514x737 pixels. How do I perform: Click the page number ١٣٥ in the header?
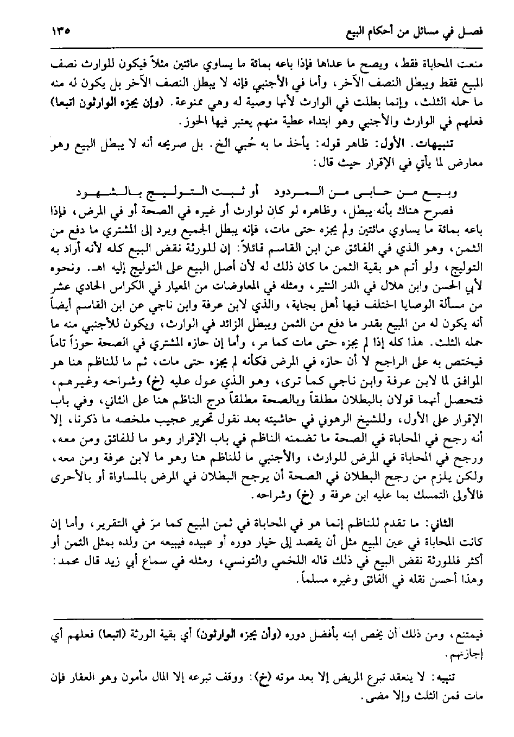[x=64, y=32]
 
